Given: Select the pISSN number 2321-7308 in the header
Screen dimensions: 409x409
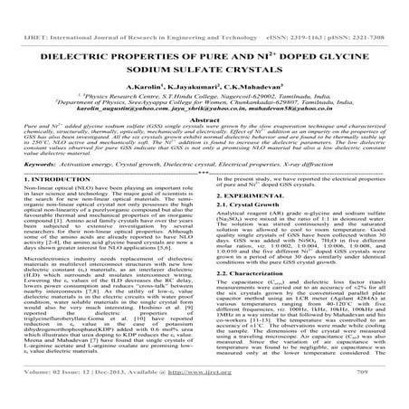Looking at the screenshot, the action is coord(371,13).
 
